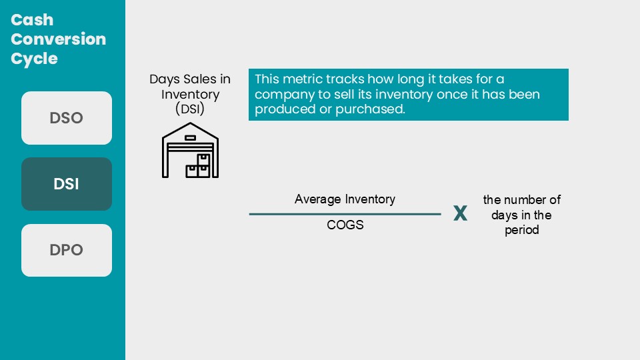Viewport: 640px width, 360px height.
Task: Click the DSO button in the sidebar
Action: [67, 118]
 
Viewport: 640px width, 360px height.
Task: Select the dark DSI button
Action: [67, 184]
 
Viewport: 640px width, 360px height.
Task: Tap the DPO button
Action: [67, 250]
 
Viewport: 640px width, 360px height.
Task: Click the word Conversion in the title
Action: [59, 39]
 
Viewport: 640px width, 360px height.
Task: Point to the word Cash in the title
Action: [32, 20]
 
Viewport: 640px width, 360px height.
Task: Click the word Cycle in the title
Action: [34, 59]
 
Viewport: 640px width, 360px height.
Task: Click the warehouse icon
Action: [190, 150]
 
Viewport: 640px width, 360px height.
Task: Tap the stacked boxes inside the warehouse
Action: [198, 166]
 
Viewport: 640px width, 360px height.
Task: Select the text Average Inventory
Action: [345, 199]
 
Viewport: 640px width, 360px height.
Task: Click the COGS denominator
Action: [345, 225]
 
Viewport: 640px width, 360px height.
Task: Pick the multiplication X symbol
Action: [461, 213]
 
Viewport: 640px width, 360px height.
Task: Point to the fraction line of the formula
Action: [345, 214]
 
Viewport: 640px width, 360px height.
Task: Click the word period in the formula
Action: [521, 230]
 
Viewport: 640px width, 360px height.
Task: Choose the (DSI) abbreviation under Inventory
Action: [190, 109]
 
